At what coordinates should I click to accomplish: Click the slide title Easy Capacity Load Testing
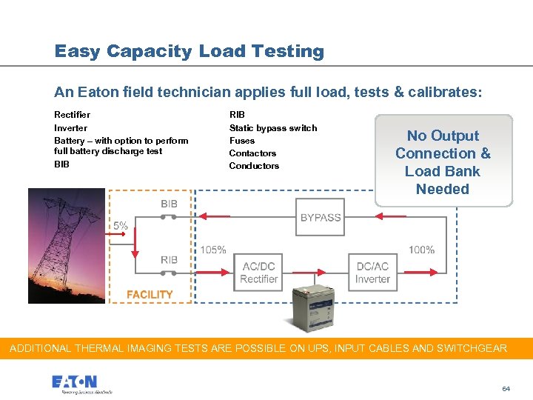[189, 51]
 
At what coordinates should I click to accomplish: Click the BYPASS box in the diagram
[320, 217]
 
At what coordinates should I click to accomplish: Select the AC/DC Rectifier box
[259, 273]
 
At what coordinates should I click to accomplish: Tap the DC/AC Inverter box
[372, 273]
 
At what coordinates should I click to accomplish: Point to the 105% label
[213, 250]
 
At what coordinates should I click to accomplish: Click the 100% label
[421, 250]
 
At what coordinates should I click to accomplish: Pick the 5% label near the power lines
[120, 225]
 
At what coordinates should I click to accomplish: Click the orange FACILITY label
[150, 294]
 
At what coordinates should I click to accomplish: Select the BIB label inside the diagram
[169, 204]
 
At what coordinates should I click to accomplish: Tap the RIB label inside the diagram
[169, 259]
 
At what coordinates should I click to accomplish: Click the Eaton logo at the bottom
[74, 382]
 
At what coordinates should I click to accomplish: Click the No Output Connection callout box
[443, 161]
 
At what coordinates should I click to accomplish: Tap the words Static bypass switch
[273, 127]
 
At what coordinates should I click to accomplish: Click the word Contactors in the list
[252, 153]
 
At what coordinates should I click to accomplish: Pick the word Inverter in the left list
[70, 127]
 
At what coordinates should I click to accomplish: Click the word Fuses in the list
[242, 140]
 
